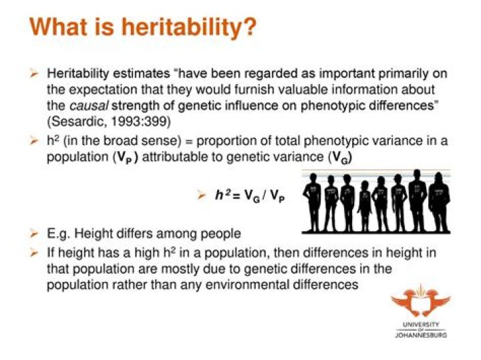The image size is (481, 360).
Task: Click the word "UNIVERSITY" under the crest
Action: click(421, 323)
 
